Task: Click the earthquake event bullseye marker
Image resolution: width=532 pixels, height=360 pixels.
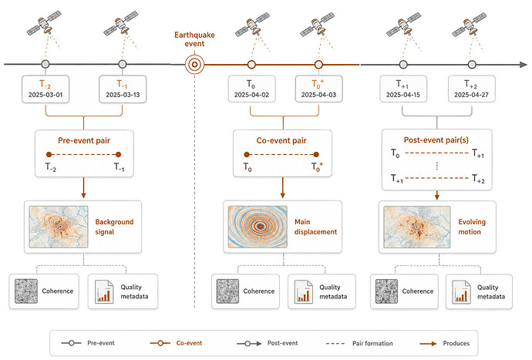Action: tap(195, 64)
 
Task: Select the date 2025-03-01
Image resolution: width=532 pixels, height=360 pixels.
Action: tap(45, 95)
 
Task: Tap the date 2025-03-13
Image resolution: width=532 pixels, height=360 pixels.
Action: tap(123, 95)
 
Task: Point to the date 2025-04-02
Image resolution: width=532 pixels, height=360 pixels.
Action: tap(251, 95)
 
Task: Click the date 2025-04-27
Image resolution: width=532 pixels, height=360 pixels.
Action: tap(471, 95)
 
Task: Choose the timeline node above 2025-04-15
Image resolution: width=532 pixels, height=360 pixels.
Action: tap(403, 64)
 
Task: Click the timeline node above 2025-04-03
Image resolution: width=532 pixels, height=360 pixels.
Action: tap(318, 64)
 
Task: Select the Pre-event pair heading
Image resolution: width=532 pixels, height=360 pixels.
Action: tap(84, 140)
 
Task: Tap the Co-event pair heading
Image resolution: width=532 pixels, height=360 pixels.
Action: tap(281, 140)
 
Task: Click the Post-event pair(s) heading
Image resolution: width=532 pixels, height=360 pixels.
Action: tap(436, 140)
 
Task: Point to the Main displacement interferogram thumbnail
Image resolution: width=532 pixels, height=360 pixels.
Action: tap(258, 227)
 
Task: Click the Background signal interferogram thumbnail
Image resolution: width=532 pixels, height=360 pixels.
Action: tap(59, 227)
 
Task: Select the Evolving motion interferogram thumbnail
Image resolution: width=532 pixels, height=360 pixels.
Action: tap(417, 227)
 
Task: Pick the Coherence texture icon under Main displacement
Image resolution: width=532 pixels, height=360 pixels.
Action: tap(227, 291)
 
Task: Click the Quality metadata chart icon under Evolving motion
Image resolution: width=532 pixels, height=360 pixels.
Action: tap(461, 291)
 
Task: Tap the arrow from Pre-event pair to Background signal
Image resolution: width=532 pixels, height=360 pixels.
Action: tap(83, 187)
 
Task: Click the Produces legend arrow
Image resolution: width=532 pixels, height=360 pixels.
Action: tap(428, 343)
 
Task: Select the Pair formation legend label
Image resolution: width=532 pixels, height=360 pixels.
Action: tap(372, 343)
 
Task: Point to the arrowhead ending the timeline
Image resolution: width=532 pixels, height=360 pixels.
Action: tap(524, 65)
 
